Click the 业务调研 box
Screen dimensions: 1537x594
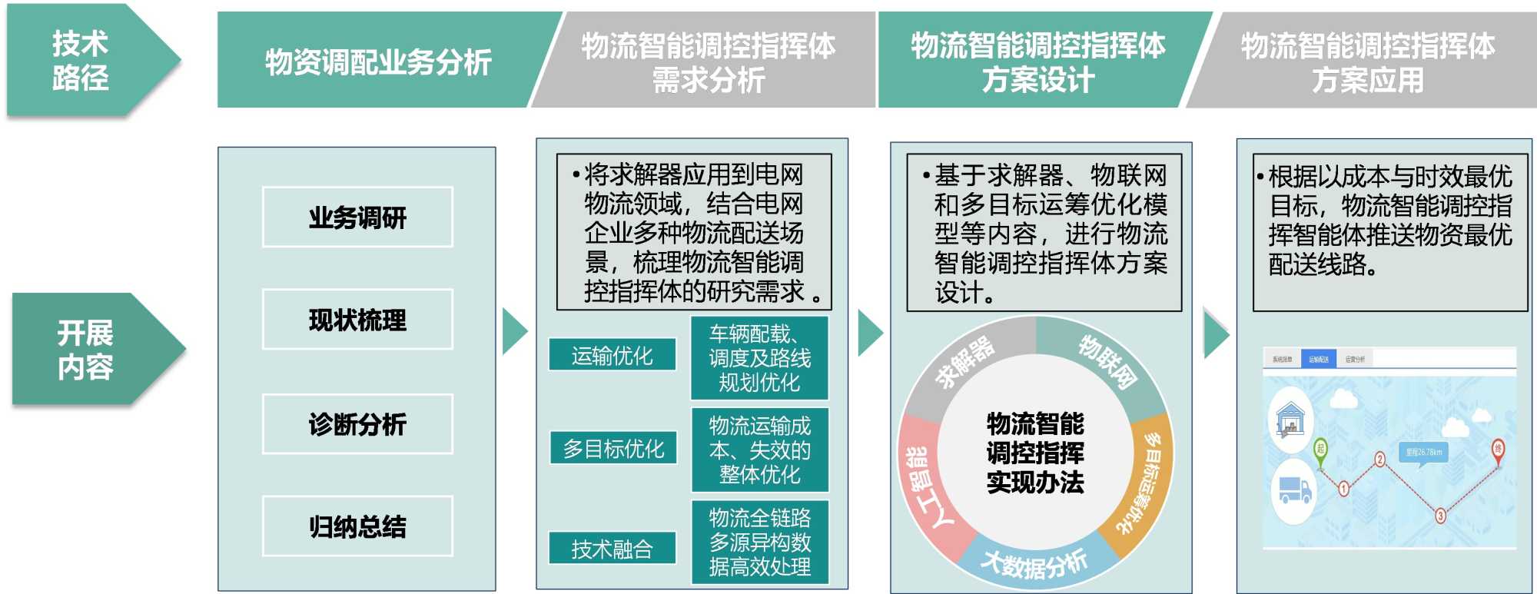pos(357,217)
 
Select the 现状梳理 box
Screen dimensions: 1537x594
pos(357,320)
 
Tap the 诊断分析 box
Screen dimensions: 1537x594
pos(357,423)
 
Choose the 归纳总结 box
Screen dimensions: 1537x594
pos(357,526)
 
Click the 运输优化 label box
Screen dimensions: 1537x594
pos(612,355)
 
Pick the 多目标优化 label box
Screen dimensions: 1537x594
pos(613,448)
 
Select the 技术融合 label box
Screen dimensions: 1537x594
pos(612,548)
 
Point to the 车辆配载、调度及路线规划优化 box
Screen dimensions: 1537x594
pos(759,358)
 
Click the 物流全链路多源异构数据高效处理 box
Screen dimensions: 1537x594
pos(759,542)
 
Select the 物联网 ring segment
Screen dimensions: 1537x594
pos(1107,361)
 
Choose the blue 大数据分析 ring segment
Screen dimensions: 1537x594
pos(1034,565)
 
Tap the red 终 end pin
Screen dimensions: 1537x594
pos(1497,450)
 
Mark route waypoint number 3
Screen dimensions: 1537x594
pos(1440,516)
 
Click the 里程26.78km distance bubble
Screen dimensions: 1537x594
pos(1424,452)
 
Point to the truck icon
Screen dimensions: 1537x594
pos(1295,489)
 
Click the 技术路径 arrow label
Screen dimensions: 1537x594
pos(81,60)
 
